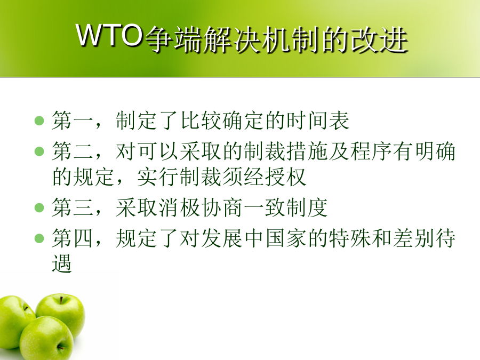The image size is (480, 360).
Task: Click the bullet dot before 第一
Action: [x=39, y=121]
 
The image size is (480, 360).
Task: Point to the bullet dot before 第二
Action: [x=39, y=151]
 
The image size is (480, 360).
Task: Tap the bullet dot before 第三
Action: [x=39, y=207]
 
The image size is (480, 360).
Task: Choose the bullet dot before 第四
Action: [x=39, y=238]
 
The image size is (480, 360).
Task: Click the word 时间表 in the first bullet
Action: [x=318, y=121]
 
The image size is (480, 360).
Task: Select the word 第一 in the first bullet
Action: [x=73, y=121]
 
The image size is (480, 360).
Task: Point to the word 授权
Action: [x=286, y=177]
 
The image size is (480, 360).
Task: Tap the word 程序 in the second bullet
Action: [x=371, y=151]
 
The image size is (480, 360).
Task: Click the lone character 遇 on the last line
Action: [x=62, y=263]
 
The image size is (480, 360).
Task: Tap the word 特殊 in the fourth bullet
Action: [x=350, y=238]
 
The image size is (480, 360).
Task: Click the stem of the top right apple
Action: [x=61, y=300]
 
